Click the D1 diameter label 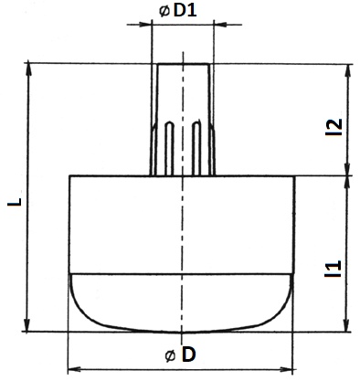tap(185, 11)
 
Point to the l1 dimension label tap(334, 269)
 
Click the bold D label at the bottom tap(188, 355)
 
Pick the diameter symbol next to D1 tap(164, 11)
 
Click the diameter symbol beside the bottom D tap(170, 355)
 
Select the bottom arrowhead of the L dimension tap(27, 324)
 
